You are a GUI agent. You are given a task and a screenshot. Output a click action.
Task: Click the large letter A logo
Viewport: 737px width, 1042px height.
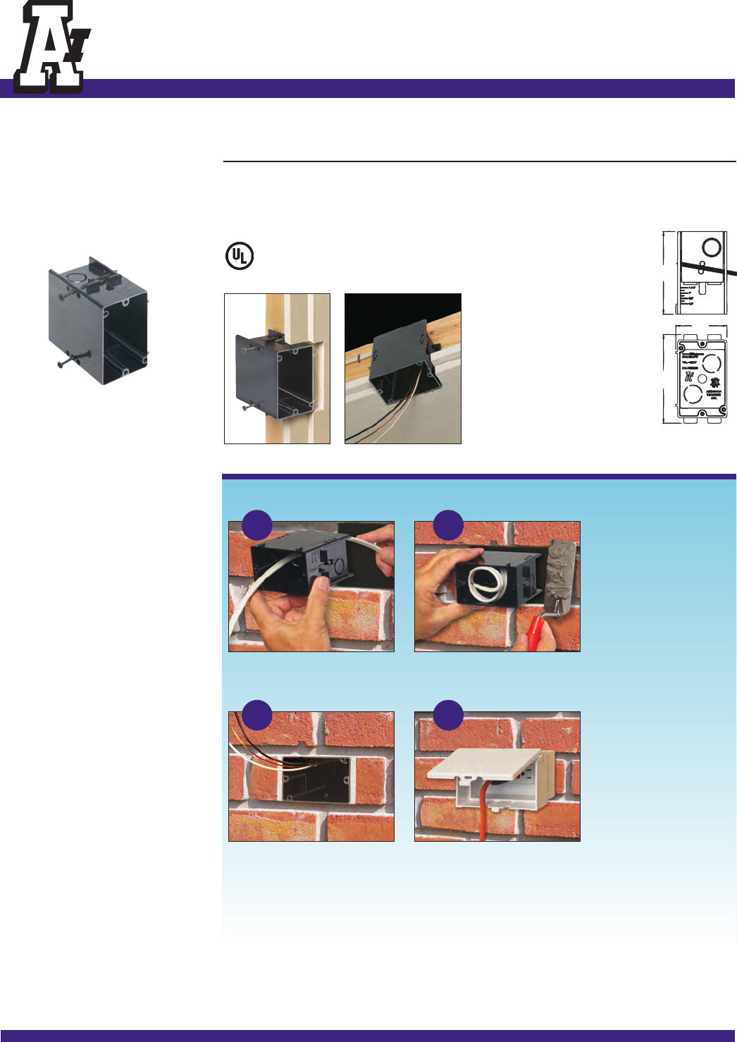click(x=49, y=48)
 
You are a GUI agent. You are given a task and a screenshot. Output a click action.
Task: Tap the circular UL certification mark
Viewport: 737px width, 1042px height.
click(x=240, y=255)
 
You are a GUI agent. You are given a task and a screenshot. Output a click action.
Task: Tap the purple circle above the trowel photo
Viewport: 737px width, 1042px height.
click(x=448, y=525)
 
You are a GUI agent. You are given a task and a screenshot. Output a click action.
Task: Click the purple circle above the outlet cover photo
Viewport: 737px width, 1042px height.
click(x=448, y=715)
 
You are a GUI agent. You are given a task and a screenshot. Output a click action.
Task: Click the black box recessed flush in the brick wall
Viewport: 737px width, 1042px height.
click(x=316, y=779)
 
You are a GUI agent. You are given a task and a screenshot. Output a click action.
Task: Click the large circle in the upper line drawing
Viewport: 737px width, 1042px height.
click(x=712, y=247)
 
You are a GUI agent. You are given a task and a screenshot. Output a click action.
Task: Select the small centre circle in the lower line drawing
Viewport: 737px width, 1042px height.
click(x=702, y=379)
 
